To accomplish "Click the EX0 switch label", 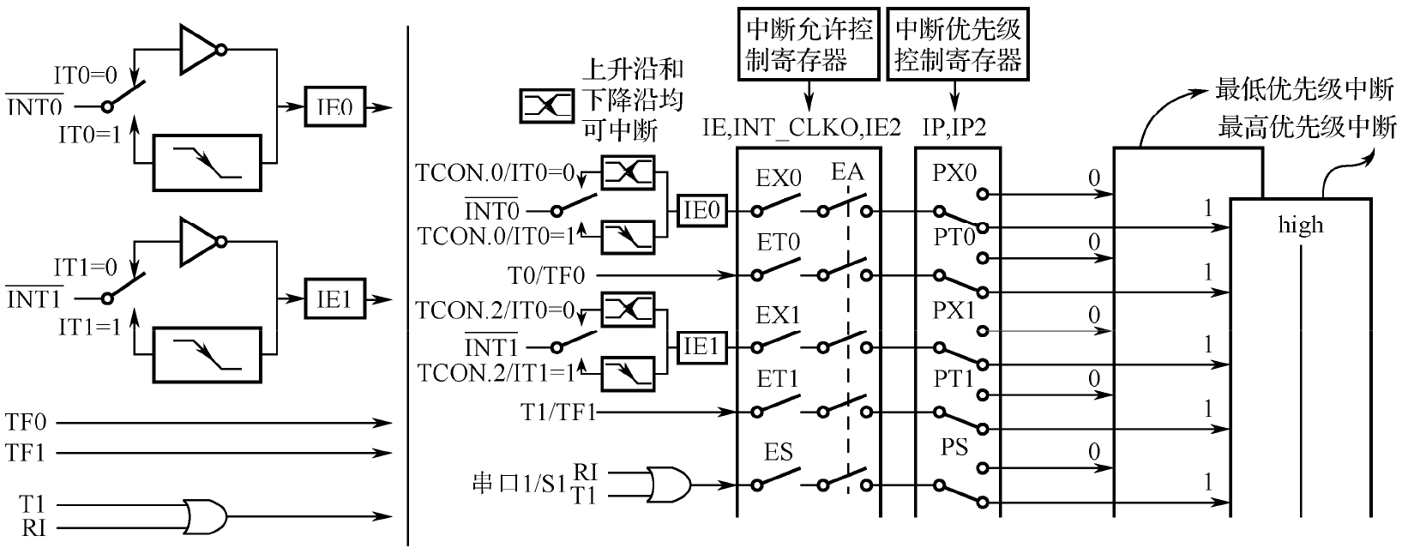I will pyautogui.click(x=779, y=179).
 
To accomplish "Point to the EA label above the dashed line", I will pyautogui.click(x=846, y=172).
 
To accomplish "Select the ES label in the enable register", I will pyautogui.click(x=779, y=452).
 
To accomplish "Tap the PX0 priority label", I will pyautogui.click(x=954, y=172).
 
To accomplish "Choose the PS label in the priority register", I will pyautogui.click(x=954, y=447).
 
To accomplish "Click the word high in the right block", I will pyautogui.click(x=1301, y=226).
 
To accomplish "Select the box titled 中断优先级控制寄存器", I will pyautogui.click(x=958, y=45).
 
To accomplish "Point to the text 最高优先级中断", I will pyautogui.click(x=1307, y=128).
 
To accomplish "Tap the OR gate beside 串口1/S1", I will pyautogui.click(x=670, y=483).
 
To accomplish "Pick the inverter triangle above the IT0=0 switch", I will pyautogui.click(x=200, y=50).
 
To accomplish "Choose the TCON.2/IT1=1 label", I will pyautogui.click(x=495, y=374).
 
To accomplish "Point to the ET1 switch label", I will pyautogui.click(x=779, y=379).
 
